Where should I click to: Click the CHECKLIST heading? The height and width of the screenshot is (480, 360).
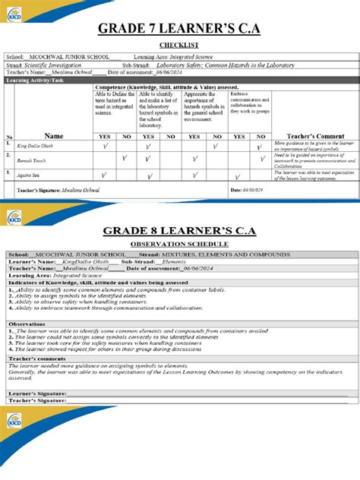179,46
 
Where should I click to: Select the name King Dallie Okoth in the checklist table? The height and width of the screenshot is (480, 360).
36,144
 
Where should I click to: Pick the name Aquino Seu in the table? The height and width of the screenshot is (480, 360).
30,175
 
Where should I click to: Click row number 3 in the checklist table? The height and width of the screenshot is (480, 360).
8,172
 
